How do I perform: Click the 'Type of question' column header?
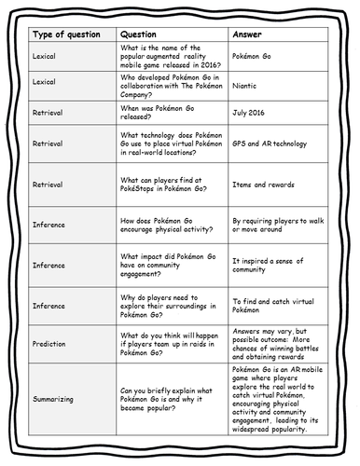(x=68, y=34)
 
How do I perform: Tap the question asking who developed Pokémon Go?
(x=170, y=82)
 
